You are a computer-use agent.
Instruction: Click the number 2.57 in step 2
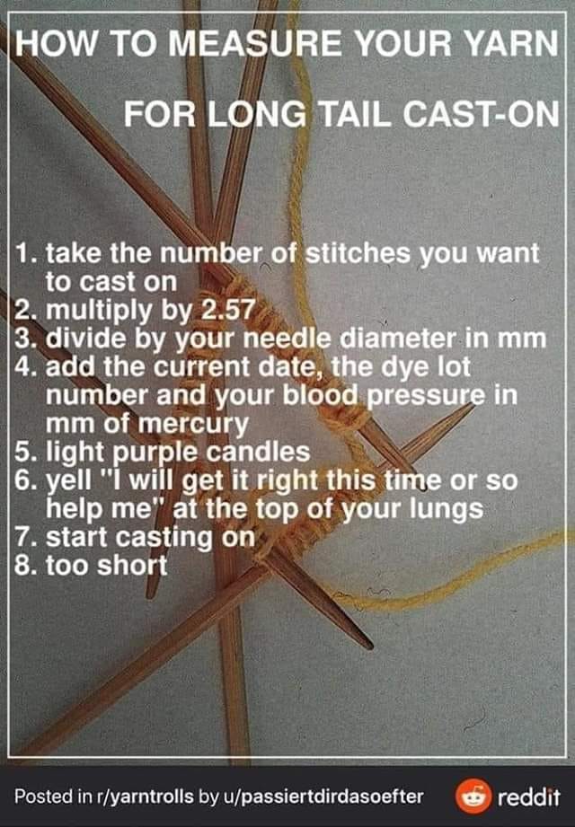tap(229, 310)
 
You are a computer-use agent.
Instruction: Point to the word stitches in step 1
tap(358, 254)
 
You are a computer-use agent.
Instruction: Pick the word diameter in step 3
tap(398, 339)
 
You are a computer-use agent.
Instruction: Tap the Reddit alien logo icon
tap(473, 797)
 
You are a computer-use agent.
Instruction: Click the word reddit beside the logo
tap(529, 797)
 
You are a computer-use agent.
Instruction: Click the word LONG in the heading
tap(256, 113)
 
